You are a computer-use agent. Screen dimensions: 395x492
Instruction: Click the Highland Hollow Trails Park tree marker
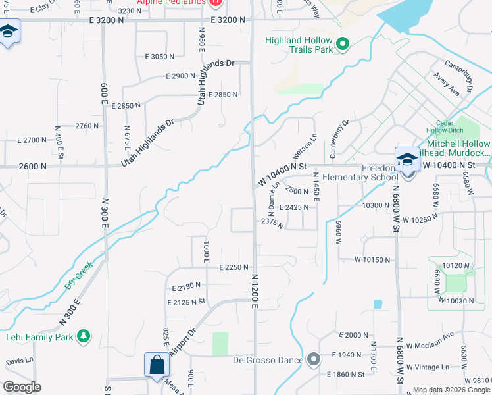coord(342,45)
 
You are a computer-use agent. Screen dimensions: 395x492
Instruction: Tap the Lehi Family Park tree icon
coord(83,336)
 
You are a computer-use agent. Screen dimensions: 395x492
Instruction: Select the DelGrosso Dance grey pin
coord(313,359)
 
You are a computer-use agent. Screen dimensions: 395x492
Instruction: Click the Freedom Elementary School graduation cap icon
coord(407,160)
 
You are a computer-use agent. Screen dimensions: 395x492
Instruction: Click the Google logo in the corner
coord(21,386)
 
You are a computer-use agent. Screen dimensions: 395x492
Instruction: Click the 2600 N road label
coord(33,167)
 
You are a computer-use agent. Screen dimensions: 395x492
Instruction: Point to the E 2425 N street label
coord(294,207)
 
